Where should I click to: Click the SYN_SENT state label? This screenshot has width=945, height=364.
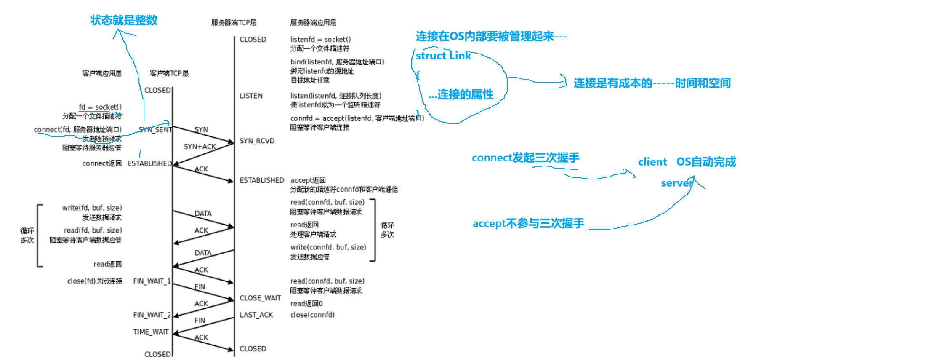155,130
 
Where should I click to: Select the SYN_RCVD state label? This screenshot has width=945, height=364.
257,141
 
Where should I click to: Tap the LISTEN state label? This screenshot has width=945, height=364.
251,96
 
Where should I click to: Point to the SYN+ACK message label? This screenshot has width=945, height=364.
200,147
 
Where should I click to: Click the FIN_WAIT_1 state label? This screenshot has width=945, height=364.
152,281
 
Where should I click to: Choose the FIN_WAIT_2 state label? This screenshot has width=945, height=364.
152,315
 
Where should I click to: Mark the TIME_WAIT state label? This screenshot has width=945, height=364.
151,332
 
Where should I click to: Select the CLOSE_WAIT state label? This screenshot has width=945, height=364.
260,298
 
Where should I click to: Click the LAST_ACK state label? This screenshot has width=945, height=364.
256,315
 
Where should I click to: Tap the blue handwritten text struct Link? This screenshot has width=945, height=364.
443,56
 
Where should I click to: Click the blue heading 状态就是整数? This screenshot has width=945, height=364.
124,20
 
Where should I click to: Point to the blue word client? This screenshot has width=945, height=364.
652,162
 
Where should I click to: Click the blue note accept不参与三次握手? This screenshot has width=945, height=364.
528,223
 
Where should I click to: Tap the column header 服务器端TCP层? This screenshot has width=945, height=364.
234,23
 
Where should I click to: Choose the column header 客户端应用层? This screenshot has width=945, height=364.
102,73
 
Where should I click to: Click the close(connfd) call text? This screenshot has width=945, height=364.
312,315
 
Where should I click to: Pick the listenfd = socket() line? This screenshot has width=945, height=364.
320,40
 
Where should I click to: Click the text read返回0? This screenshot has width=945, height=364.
306,303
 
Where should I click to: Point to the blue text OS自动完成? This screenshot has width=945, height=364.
706,162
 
